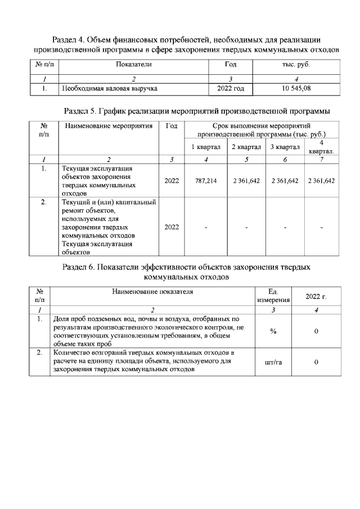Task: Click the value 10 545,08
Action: click(296, 88)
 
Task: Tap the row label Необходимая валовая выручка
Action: click(110, 88)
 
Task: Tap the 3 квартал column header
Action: click(284, 147)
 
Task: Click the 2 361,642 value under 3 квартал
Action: click(285, 181)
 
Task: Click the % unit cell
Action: click(273, 331)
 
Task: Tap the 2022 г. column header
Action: click(316, 296)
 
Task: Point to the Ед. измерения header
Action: click(273, 296)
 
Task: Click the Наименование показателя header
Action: click(152, 291)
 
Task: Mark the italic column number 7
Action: click(321, 160)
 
